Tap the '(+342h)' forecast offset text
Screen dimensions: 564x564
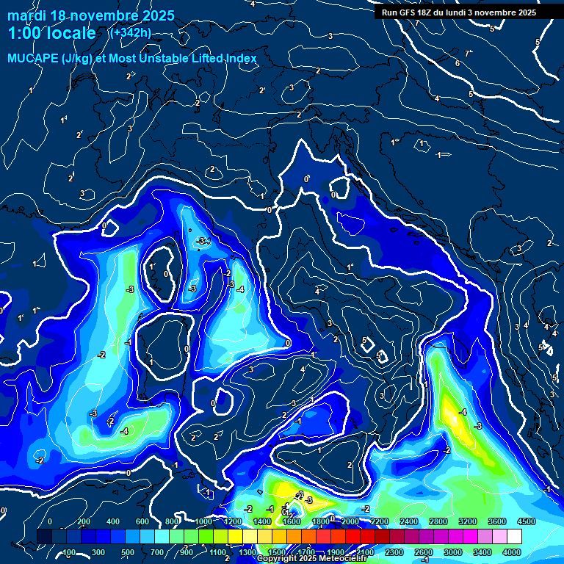pyautogui.click(x=130, y=33)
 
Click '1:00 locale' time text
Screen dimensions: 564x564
pyautogui.click(x=51, y=33)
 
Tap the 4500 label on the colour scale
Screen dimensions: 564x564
pyautogui.click(x=526, y=521)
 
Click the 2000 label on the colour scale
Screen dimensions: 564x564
pyautogui.click(x=350, y=521)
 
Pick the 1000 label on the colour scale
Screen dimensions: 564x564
pyautogui.click(x=203, y=521)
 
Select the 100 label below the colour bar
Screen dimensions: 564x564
pyautogui.click(x=69, y=552)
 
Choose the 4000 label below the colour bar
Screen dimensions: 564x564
pyautogui.click(x=511, y=552)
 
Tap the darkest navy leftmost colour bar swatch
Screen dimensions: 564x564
pyautogui.click(x=45, y=537)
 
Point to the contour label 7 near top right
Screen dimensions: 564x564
pyautogui.click(x=467, y=53)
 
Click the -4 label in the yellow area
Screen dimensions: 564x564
pyautogui.click(x=463, y=413)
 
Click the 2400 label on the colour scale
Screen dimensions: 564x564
pyautogui.click(x=409, y=521)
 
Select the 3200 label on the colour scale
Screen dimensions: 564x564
pyautogui.click(x=468, y=521)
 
